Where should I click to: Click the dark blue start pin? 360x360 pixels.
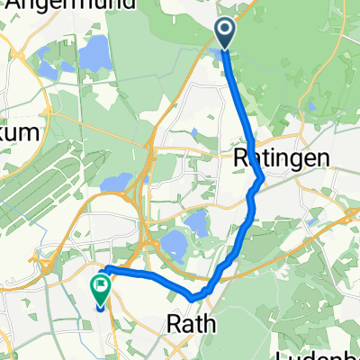tap(224, 34)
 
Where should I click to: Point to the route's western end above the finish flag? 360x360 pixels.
tap(107, 269)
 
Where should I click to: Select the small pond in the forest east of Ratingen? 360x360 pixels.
tap(310, 108)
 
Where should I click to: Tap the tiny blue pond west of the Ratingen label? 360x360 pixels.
tap(194, 134)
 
